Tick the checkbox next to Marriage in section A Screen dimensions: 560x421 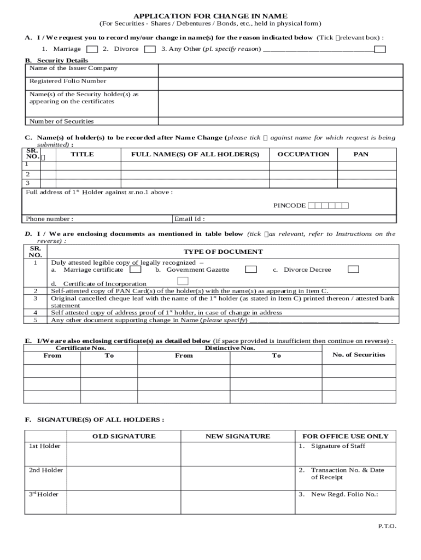pos(92,50)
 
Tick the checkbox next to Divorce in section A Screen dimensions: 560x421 pos(149,50)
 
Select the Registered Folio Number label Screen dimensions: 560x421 pos(68,81)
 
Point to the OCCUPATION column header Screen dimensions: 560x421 pos(303,154)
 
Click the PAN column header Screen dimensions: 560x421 pos(361,154)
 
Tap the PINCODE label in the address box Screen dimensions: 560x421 pos(289,206)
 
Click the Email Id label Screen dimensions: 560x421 pos(189,219)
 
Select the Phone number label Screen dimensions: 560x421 pos(50,219)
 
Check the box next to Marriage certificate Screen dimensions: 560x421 pos(136,269)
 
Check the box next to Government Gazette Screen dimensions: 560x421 pos(250,269)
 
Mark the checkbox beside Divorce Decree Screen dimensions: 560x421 pos(353,269)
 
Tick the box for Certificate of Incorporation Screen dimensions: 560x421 pos(183,281)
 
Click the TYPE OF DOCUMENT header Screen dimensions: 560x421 pos(223,252)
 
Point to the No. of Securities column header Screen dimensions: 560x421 pos(359,354)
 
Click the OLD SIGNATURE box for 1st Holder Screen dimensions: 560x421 pos(124,454)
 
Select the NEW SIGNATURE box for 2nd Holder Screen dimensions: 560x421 pos(237,478)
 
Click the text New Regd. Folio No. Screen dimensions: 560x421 pos(344,494)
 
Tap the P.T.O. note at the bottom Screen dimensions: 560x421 pos(387,526)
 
